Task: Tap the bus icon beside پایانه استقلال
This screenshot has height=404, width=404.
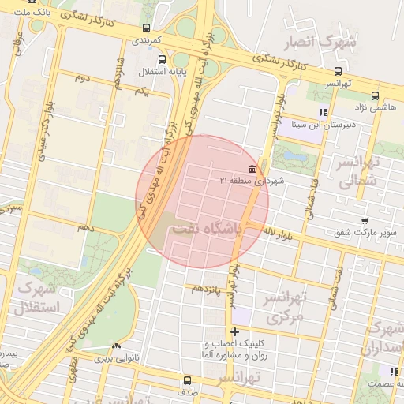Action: pyautogui.click(x=163, y=59)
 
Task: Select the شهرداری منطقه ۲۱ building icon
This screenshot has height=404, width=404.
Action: pyautogui.click(x=252, y=169)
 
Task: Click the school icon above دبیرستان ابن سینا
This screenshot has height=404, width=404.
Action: pyautogui.click(x=322, y=112)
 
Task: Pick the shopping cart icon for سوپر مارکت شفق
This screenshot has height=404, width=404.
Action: pyautogui.click(x=364, y=221)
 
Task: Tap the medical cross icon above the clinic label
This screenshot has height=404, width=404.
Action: pyautogui.click(x=234, y=331)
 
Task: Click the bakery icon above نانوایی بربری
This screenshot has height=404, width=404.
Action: pyautogui.click(x=117, y=346)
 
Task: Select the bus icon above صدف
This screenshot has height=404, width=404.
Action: pyautogui.click(x=186, y=380)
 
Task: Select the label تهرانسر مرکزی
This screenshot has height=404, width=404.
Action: pyautogui.click(x=285, y=309)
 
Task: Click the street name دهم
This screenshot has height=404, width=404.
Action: pyautogui.click(x=85, y=227)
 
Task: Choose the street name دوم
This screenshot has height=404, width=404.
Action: pyautogui.click(x=82, y=78)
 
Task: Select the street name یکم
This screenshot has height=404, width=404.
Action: pyautogui.click(x=142, y=92)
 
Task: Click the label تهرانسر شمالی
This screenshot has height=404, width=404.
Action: pyautogui.click(x=360, y=172)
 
